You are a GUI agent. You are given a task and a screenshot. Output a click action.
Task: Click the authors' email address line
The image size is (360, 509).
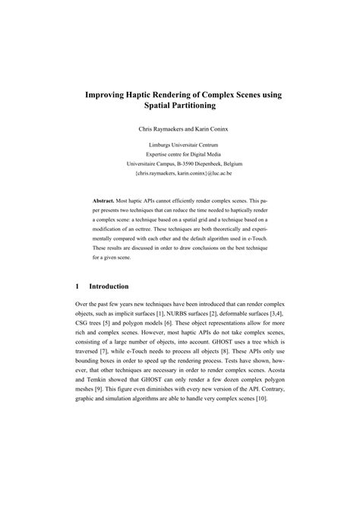pyautogui.click(x=180, y=173)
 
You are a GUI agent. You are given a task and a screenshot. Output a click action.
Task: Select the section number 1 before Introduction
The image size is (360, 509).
pyautogui.click(x=78, y=286)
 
